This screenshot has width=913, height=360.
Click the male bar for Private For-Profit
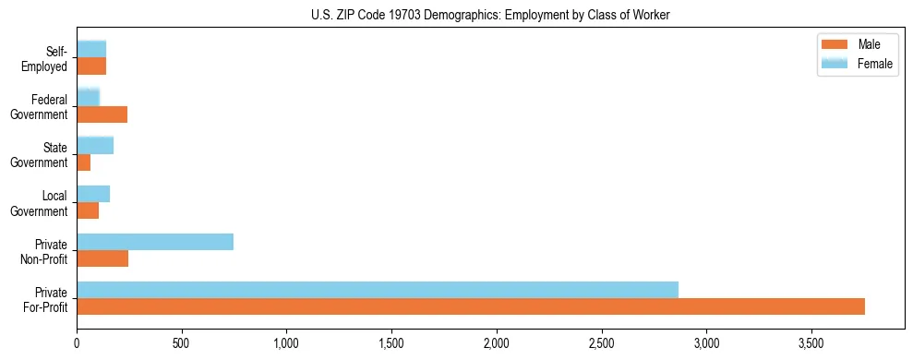pos(471,306)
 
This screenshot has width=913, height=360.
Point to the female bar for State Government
pos(95,146)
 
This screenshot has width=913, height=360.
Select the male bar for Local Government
pos(88,210)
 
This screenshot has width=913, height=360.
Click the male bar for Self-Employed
pos(91,66)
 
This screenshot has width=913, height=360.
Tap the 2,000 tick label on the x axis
pos(497,343)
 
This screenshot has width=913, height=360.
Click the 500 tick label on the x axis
pos(182,343)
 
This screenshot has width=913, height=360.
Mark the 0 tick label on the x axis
pos(77,343)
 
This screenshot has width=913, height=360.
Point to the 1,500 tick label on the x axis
pos(391,343)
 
